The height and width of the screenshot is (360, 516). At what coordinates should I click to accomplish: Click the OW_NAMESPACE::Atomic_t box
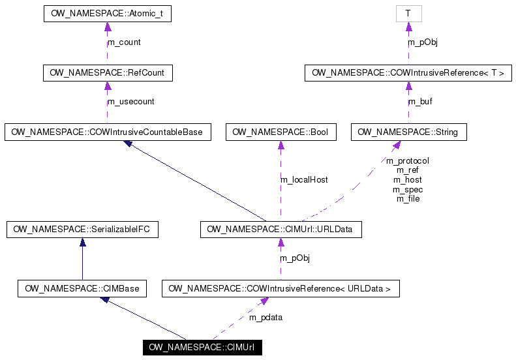(107, 14)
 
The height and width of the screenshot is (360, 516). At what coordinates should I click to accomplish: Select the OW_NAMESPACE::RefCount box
(107, 73)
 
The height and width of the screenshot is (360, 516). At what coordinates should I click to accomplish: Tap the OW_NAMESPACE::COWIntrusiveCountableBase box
(107, 132)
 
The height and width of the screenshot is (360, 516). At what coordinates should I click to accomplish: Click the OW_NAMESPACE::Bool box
(281, 132)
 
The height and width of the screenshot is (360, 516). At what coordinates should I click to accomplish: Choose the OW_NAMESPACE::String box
(408, 132)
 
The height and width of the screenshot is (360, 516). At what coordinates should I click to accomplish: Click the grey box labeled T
(408, 14)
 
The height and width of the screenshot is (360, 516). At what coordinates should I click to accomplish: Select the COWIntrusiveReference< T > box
(408, 73)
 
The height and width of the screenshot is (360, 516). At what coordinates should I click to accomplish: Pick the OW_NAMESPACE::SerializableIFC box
(82, 229)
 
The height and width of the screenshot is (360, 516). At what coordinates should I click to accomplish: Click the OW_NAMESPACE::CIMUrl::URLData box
(281, 229)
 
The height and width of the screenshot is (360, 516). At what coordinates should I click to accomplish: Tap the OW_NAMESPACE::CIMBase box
(82, 288)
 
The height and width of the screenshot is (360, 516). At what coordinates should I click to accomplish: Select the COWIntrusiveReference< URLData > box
(281, 288)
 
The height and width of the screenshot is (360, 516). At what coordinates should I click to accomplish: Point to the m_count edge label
(124, 42)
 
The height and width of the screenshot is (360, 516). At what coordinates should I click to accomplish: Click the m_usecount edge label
(131, 102)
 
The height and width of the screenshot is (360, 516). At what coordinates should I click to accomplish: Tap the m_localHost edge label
(304, 179)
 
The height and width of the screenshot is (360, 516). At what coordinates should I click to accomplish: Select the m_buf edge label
(420, 102)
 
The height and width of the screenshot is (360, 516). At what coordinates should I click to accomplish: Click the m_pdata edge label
(266, 318)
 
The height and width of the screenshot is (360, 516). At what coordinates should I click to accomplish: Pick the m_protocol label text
(408, 160)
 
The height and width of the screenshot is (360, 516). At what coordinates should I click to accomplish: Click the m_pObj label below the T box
(423, 42)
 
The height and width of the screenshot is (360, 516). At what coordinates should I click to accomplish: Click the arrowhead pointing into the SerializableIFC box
(82, 242)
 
